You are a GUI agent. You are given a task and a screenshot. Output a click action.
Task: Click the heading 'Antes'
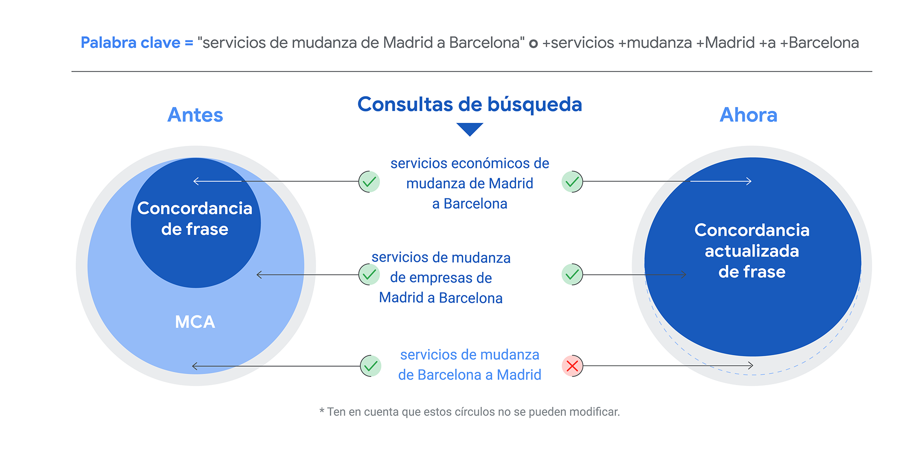pos(195,115)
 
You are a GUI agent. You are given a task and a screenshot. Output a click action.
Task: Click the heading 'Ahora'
pos(748,115)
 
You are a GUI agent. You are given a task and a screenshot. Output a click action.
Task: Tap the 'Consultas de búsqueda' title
pos(470,104)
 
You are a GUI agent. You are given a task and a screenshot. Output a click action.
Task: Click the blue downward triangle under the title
pos(470,128)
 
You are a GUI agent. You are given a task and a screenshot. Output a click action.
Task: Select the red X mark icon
pos(572,366)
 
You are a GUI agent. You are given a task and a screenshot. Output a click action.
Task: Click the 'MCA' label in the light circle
pos(195,322)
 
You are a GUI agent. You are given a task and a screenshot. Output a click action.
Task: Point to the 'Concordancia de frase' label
pos(195,219)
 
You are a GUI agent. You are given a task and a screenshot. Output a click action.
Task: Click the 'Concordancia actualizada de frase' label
pos(752,251)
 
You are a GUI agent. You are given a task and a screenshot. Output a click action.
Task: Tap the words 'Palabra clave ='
pos(137,43)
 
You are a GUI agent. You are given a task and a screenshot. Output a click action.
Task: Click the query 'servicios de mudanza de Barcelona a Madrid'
pos(470,364)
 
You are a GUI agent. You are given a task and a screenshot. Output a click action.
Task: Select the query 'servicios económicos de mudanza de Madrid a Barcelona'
pos(470,183)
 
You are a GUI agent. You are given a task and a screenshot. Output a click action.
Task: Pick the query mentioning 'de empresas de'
pos(441,278)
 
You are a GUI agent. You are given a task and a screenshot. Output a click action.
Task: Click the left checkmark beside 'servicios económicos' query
pos(369,181)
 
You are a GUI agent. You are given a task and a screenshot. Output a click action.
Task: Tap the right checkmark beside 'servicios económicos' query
pos(572,181)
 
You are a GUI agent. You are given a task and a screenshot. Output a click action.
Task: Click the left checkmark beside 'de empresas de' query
pos(369,275)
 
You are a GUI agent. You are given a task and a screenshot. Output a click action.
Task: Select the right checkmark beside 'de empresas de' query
pos(572,275)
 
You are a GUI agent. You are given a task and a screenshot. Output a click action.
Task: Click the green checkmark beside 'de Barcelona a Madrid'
pos(371,366)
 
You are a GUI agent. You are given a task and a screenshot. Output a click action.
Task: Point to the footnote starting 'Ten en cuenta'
pos(470,412)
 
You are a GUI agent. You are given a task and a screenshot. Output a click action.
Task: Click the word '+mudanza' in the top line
pos(655,43)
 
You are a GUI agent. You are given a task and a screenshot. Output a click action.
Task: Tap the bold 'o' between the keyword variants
pos(533,44)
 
